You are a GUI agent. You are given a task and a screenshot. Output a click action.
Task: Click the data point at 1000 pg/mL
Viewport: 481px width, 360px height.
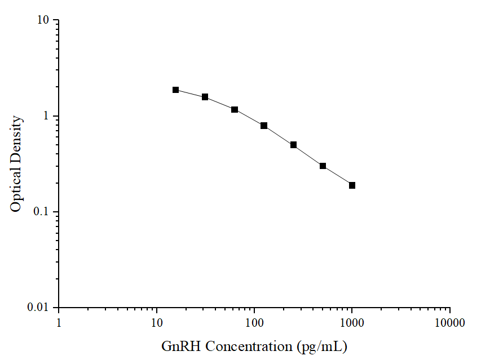click(x=352, y=185)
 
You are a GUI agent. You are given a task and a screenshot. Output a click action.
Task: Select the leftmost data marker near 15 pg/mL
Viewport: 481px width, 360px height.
click(x=176, y=90)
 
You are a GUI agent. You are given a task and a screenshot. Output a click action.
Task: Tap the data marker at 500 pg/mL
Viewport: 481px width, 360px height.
click(x=323, y=166)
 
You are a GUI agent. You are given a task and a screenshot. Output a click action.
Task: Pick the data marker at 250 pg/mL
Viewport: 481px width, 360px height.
click(x=293, y=145)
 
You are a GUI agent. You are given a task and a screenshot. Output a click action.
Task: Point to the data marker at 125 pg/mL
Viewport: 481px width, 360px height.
click(x=264, y=126)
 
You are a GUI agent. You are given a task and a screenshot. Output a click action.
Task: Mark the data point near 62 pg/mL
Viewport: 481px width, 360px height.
click(x=235, y=109)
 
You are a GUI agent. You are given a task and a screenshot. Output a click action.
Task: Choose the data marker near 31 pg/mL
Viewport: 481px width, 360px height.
click(x=205, y=97)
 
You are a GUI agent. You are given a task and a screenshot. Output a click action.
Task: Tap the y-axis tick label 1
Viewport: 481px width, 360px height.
click(x=47, y=117)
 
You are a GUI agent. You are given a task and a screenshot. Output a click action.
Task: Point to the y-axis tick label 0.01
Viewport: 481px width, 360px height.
click(x=40, y=308)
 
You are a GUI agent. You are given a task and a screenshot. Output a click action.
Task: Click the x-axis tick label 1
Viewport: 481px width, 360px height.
click(x=59, y=323)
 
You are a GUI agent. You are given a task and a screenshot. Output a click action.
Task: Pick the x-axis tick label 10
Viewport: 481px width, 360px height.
click(x=157, y=323)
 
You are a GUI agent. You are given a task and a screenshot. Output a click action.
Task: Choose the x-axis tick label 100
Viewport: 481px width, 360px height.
click(x=254, y=323)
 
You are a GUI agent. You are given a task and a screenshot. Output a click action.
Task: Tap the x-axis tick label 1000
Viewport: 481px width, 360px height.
click(x=352, y=323)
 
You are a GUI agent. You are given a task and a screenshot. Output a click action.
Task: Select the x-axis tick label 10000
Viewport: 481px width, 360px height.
click(x=449, y=323)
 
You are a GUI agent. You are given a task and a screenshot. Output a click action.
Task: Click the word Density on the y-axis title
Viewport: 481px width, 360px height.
click(x=16, y=139)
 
